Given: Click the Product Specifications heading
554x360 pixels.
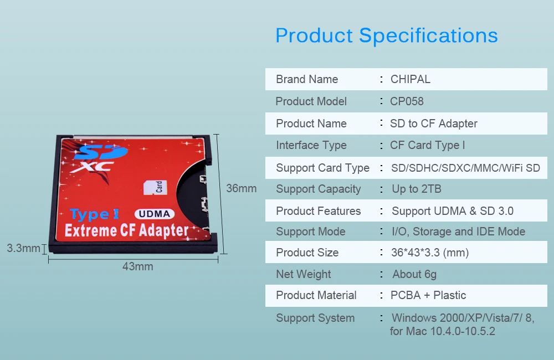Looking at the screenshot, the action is (x=387, y=36).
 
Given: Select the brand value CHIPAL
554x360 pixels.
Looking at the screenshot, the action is (x=410, y=79).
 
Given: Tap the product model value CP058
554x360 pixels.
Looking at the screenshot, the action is (x=407, y=101).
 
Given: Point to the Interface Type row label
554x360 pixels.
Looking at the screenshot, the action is (x=311, y=145).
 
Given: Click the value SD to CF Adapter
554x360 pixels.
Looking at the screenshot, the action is (x=434, y=124).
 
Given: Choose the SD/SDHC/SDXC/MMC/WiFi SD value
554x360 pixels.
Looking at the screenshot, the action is (x=466, y=168).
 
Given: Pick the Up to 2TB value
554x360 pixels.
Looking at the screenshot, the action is (x=417, y=189).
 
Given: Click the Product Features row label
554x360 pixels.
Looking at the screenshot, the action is (x=319, y=211).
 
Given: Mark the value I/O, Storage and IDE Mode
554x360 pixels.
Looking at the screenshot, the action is (x=459, y=232).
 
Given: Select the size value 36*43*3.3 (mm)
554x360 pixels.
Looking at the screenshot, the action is (x=430, y=253).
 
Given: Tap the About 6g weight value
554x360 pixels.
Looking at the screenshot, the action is (x=414, y=274).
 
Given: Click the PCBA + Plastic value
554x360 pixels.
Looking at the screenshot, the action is (x=428, y=295).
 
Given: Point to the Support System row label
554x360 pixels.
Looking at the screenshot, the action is (x=315, y=318).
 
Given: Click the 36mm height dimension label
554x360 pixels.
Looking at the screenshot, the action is (x=242, y=188).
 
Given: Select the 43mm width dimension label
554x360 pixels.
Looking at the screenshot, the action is (x=138, y=266).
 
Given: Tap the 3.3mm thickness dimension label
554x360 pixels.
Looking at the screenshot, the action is (x=23, y=248).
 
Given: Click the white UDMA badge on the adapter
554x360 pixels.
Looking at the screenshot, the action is (x=155, y=214).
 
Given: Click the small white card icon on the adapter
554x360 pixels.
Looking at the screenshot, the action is (x=155, y=187).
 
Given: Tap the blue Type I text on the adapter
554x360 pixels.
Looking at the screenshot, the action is (x=95, y=214).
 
